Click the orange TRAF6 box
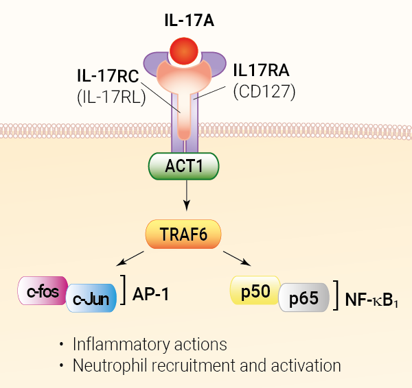point(184,234)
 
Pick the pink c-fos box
point(41,290)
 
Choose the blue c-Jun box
point(91,299)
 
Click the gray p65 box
point(303,299)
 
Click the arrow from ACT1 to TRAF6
point(184,199)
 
